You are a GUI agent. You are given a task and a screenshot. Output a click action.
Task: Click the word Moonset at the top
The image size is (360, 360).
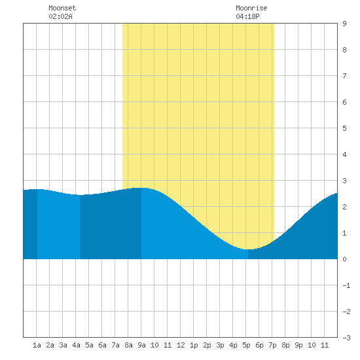point(62,8)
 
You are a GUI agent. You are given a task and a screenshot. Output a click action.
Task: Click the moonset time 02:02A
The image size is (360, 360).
point(60,16)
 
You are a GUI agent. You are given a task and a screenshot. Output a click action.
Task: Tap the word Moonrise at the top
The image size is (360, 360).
point(251,8)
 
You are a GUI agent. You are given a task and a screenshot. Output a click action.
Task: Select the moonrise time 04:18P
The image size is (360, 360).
point(247,16)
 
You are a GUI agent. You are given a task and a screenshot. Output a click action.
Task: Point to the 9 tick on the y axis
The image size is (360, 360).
point(344,24)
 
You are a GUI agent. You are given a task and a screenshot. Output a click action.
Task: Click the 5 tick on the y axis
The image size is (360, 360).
point(344,128)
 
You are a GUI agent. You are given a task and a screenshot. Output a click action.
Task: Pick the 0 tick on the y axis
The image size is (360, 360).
point(344,259)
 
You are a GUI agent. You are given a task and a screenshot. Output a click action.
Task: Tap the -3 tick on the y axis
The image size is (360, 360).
point(346,338)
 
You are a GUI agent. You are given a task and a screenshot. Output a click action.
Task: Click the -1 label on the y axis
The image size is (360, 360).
point(346,285)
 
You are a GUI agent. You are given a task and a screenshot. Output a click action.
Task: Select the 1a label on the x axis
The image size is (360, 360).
point(37,345)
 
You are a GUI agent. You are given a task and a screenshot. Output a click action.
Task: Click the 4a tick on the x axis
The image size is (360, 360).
point(76,345)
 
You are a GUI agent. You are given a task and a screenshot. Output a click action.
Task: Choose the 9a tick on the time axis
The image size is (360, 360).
point(141,345)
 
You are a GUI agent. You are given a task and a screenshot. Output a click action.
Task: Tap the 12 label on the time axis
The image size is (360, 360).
point(181,345)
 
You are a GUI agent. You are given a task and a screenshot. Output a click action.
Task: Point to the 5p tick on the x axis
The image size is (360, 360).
point(246,345)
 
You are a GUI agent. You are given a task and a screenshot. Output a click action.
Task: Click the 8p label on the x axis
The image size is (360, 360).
point(285,345)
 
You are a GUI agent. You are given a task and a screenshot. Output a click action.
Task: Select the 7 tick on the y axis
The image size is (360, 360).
point(344,76)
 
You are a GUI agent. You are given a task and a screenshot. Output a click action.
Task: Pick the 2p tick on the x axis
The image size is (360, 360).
point(207,345)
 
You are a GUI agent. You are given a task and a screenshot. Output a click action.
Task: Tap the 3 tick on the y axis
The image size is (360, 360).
point(344,181)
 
